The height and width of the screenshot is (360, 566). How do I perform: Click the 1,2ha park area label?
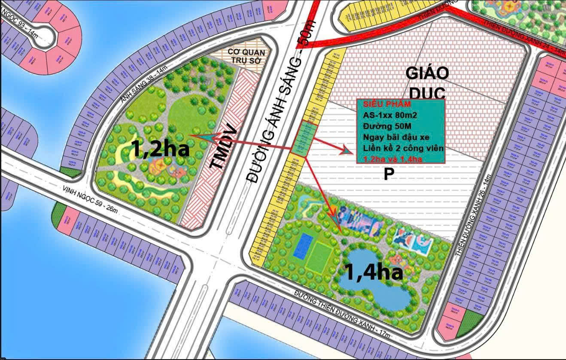(161, 148)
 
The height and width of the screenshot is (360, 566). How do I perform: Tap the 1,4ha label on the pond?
(373, 272)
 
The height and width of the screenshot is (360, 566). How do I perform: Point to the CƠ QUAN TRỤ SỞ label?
(246, 56)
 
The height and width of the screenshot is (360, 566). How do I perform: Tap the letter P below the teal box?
(389, 174)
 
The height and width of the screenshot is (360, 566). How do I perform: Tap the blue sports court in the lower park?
(304, 246)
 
